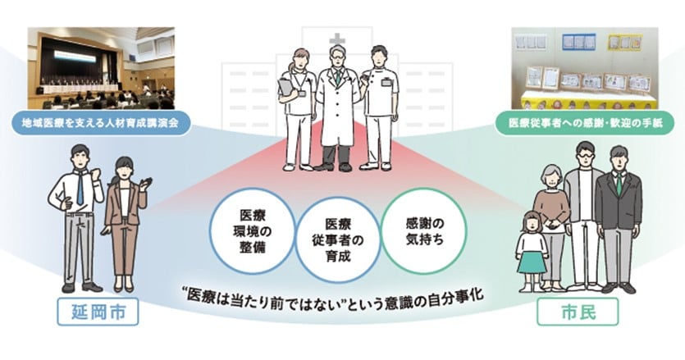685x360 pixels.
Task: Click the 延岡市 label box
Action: coord(97,312)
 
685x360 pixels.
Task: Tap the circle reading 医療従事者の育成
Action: coord(337,235)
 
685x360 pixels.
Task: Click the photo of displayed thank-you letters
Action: coord(582,69)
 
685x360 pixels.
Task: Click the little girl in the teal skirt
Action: coord(532,250)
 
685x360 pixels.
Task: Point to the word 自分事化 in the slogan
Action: coord(450,294)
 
